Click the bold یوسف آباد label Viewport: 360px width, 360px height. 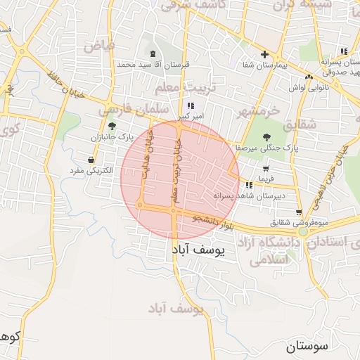(x=196, y=251)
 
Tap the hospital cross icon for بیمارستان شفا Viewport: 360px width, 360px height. (x=264, y=54)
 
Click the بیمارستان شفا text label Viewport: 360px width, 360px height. (x=264, y=65)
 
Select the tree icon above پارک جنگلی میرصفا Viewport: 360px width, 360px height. (x=266, y=138)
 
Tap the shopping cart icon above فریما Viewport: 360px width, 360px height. (x=266, y=169)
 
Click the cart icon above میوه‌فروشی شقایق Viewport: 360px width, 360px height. (x=299, y=212)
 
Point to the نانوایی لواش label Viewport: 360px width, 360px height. (x=306, y=89)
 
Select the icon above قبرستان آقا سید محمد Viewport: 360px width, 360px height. (x=153, y=54)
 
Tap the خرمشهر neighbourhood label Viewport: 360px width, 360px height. (x=257, y=111)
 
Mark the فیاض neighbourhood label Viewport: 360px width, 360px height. (x=98, y=46)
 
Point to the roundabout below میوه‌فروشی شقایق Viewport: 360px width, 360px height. (x=303, y=231)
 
